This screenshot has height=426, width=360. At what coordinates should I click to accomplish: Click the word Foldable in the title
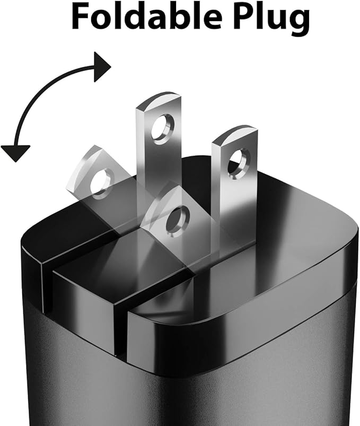(x=147, y=16)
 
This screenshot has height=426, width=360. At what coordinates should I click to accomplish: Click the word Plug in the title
(x=272, y=19)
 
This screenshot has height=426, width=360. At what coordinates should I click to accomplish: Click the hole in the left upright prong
(x=163, y=127)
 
